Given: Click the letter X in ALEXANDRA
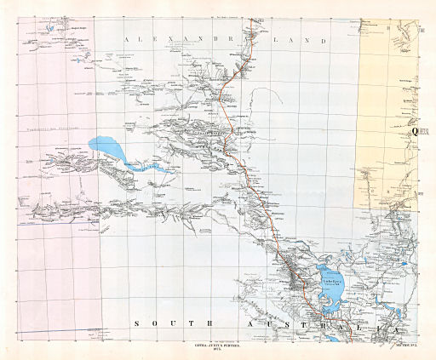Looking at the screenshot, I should click(x=171, y=39).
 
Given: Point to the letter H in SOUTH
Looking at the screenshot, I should click(x=204, y=324).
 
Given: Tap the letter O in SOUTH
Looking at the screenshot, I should click(x=154, y=324).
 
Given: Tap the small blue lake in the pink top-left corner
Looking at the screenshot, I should click(x=51, y=26).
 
